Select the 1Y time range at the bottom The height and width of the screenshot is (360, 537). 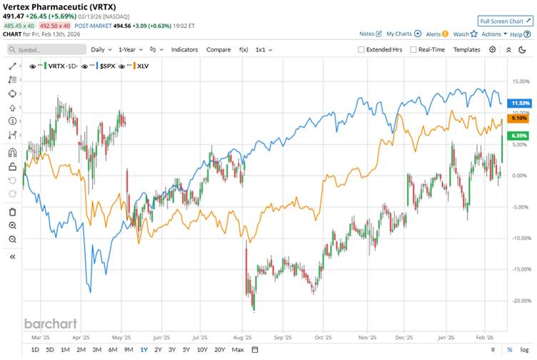pos(144,349)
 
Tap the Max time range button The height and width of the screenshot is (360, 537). pos(238,349)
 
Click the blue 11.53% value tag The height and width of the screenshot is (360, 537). pos(518,104)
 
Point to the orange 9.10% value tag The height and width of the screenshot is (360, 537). pos(518,119)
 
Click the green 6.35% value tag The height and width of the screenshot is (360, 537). pos(518,135)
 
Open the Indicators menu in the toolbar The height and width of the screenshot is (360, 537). pos(184,49)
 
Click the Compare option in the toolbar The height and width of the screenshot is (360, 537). pos(218,49)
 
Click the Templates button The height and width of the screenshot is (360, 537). pos(467,49)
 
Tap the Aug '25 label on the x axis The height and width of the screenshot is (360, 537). pos(244,336)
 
